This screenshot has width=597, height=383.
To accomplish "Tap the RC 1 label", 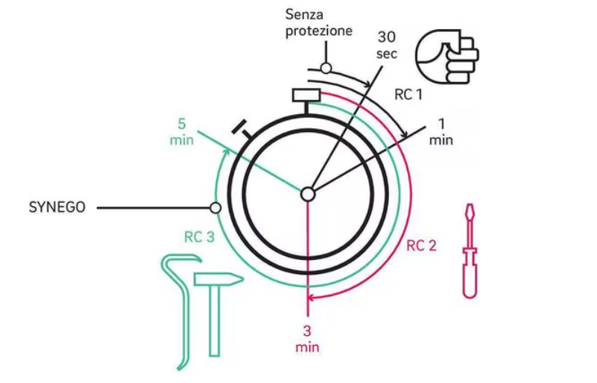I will coord(408,95).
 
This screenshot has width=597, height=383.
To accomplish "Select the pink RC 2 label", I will coord(421,245).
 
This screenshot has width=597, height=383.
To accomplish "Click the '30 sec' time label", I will coord(388,45).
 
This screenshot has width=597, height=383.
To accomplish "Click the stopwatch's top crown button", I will coord(306,95).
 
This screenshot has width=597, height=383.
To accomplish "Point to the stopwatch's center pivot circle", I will coord(307,194).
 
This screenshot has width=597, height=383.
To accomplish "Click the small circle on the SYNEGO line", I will coord(215,208).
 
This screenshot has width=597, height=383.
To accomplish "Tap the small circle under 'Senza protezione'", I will coord(326,69).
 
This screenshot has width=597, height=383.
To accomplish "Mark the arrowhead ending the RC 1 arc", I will coord(405,135).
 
